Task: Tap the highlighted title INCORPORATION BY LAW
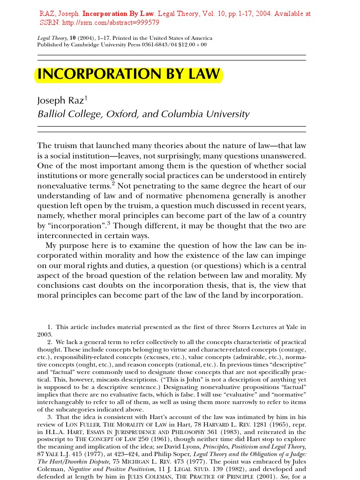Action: point(128,75)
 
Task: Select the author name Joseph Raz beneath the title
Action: point(60,101)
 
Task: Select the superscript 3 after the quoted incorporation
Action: point(109,223)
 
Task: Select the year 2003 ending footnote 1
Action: point(45,335)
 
